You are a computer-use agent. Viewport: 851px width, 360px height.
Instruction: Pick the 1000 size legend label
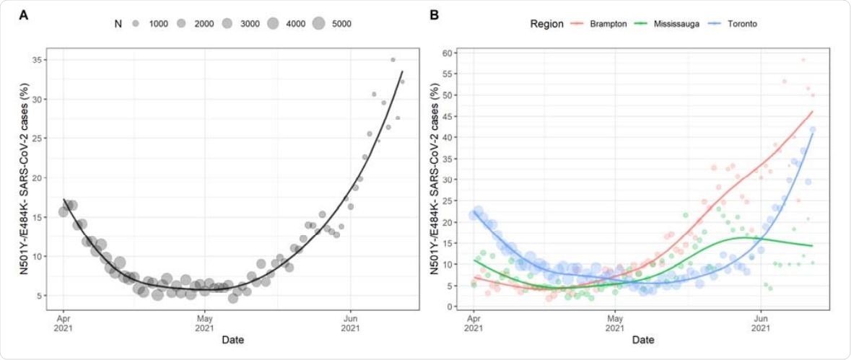pos(159,24)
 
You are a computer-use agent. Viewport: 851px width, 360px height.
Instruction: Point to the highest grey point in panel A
pos(393,60)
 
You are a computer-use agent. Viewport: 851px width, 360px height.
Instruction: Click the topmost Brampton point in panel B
pos(803,60)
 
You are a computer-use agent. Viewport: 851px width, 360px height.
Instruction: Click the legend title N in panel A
pos(118,24)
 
